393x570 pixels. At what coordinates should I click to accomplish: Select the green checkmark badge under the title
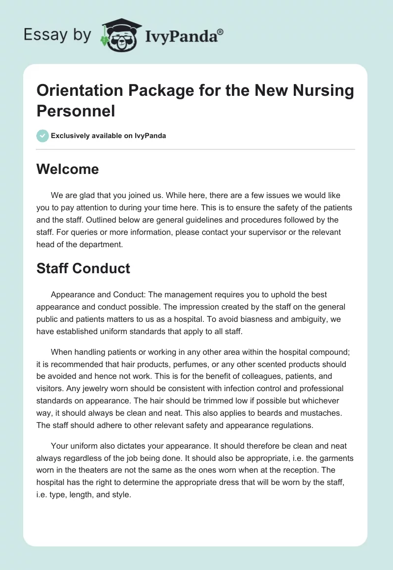pos(43,136)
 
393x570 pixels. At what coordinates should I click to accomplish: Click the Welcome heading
pos(67,170)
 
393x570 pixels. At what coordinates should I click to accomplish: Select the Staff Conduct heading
pos(83,268)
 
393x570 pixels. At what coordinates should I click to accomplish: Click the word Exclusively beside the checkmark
pos(72,136)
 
